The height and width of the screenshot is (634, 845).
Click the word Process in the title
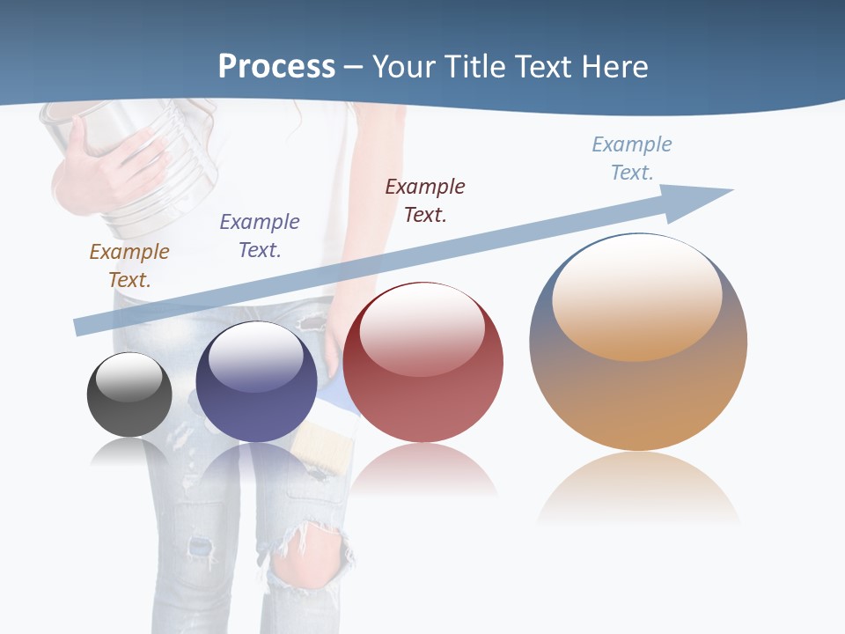pos(276,66)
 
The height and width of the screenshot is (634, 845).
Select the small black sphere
pos(129,394)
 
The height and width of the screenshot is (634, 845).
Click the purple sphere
pos(256,382)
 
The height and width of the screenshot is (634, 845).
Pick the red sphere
pos(422,363)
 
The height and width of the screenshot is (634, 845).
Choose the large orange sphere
pos(638,343)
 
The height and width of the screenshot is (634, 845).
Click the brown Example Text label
pos(129,265)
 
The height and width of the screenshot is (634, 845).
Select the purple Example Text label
pos(260,235)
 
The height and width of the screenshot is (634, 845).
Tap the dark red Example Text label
pos(425,200)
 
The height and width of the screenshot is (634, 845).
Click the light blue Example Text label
pos(632,158)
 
